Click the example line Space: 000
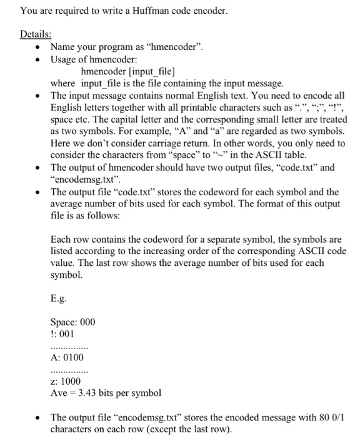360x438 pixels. coord(72,322)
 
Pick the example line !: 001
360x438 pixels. coord(62,334)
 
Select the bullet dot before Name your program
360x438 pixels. coord(40,47)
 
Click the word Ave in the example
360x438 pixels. coord(59,394)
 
